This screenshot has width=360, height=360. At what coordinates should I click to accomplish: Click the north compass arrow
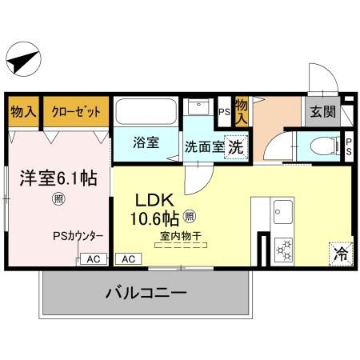tap(24, 59)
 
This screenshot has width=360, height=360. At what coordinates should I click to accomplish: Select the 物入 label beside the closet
tap(23, 112)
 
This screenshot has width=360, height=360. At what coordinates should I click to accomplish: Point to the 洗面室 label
tap(203, 147)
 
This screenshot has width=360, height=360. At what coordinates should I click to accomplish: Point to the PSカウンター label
tap(78, 236)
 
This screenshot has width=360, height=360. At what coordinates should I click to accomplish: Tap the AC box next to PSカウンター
tap(92, 258)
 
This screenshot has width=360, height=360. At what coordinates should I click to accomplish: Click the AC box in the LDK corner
tap(128, 258)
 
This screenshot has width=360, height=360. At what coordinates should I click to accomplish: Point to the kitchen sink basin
tap(284, 214)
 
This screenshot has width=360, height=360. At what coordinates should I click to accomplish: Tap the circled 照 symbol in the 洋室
tap(58, 198)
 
